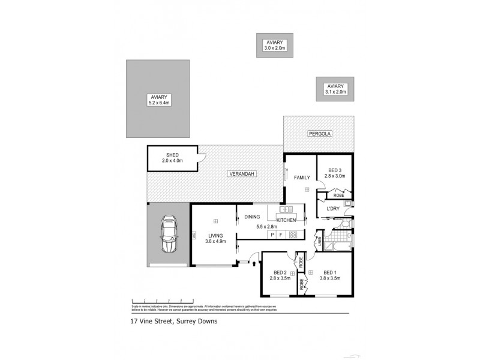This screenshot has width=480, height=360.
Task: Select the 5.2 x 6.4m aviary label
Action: [159, 97]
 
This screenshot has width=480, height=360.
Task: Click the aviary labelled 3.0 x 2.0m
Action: [276, 45]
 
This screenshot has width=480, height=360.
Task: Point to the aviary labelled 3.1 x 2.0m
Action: [335, 89]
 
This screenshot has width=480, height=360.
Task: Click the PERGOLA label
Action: [320, 133]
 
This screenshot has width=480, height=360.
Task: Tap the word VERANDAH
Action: [242, 174]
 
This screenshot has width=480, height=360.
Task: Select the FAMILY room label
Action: [301, 178]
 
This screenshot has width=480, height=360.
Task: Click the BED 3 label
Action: [334, 170]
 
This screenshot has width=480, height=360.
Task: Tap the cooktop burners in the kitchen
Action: [293, 235]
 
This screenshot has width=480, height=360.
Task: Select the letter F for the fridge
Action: [281, 235]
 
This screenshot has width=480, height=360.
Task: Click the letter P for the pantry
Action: [272, 235]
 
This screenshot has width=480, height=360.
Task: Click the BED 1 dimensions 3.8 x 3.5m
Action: [329, 278]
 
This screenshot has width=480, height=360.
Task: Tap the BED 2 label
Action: [280, 272]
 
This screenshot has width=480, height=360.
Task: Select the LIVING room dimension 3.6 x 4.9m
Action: [215, 242]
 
